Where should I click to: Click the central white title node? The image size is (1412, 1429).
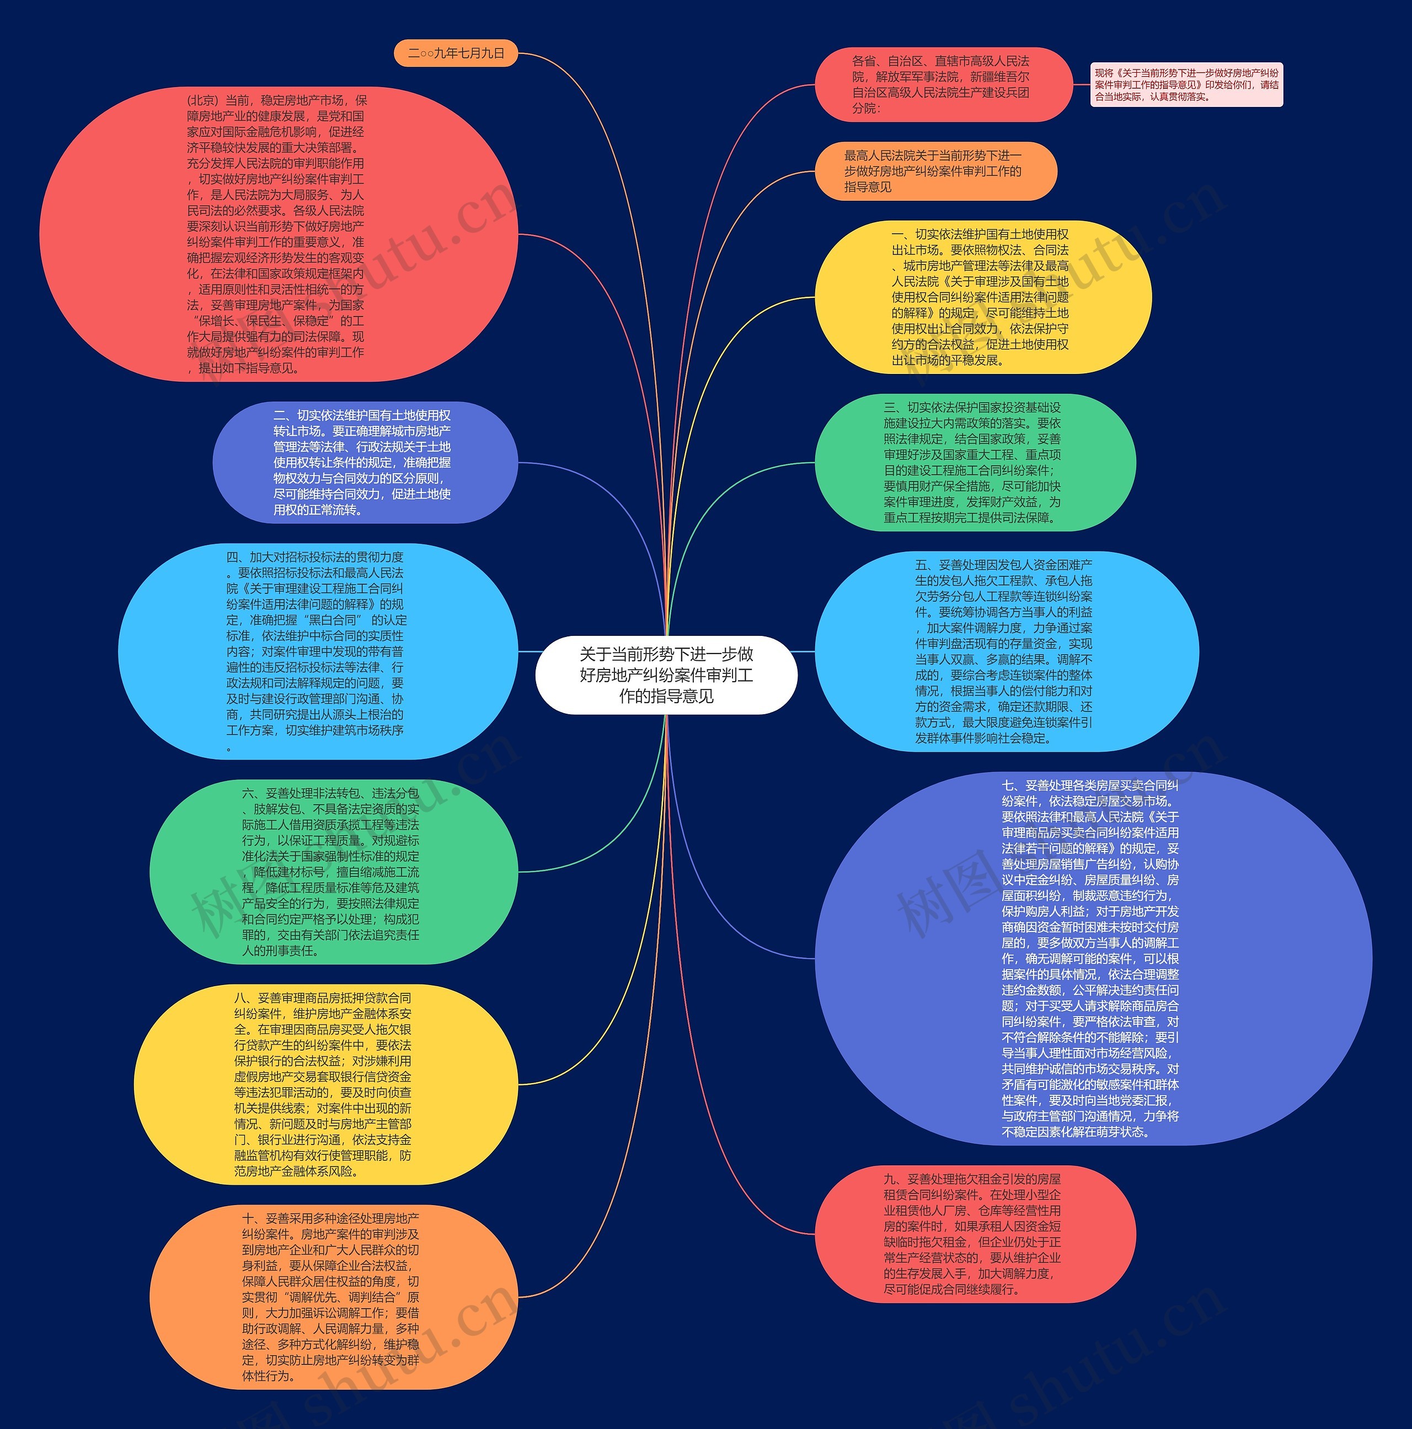click(666, 675)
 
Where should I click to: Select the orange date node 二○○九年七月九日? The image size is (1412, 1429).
click(456, 53)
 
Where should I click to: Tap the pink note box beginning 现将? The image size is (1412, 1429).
click(1186, 85)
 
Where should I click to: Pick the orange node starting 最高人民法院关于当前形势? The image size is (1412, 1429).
click(935, 171)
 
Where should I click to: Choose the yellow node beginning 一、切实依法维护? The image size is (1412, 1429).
click(982, 297)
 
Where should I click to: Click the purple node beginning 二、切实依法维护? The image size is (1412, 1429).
click(365, 462)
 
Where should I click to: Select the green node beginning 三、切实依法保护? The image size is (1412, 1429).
click(974, 462)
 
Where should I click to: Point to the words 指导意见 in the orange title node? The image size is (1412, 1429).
click(868, 187)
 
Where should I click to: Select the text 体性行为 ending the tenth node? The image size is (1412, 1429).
click(269, 1376)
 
